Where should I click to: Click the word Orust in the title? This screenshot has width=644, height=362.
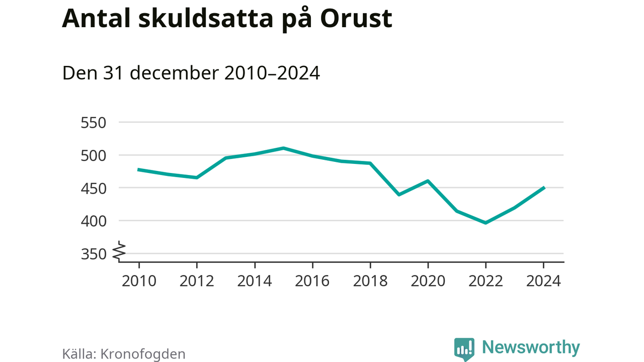click(356, 18)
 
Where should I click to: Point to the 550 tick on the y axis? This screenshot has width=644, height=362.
click(94, 123)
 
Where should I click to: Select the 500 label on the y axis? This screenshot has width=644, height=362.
click(94, 155)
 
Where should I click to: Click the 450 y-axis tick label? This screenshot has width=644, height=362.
click(94, 188)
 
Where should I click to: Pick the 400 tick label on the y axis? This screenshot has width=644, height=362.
click(94, 221)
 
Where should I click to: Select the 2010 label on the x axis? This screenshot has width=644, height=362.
click(139, 281)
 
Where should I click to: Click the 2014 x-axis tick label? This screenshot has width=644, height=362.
click(255, 281)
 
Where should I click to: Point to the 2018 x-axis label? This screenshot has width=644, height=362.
click(370, 281)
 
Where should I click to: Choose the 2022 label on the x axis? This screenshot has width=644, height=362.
click(486, 281)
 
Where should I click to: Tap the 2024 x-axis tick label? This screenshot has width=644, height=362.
click(543, 281)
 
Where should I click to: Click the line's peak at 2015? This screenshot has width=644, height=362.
click(284, 148)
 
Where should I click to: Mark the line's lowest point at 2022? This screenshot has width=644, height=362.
click(486, 223)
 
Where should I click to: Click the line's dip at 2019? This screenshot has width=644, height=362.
click(399, 195)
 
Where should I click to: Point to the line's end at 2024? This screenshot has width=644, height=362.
click(543, 188)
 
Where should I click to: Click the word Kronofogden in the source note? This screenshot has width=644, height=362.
click(143, 354)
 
